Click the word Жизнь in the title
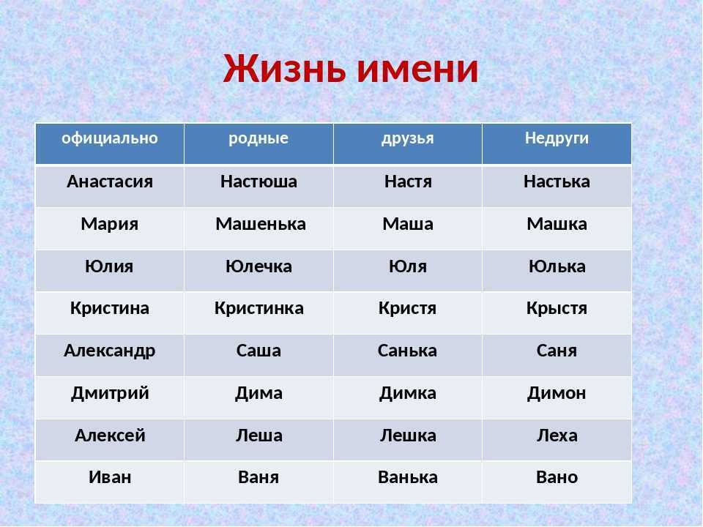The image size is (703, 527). (x=285, y=69)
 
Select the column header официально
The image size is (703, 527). (x=110, y=138)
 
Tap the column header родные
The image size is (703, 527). (x=258, y=138)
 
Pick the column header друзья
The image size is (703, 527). (x=408, y=138)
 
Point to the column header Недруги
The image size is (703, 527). (x=557, y=138)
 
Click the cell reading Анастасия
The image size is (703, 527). (x=110, y=182)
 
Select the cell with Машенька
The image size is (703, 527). (x=261, y=224)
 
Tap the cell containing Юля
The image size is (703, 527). (x=408, y=266)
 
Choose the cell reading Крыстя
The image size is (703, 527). (x=557, y=308)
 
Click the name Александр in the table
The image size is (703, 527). (x=109, y=351)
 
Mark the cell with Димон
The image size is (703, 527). (x=557, y=394)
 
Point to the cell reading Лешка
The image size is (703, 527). (x=408, y=436)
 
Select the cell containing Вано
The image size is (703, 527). (x=557, y=478)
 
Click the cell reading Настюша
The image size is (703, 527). (x=258, y=182)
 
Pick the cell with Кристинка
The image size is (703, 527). (x=258, y=308)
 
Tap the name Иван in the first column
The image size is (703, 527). (x=110, y=478)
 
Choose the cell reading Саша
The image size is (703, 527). (x=258, y=351)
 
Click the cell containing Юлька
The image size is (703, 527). (x=557, y=266)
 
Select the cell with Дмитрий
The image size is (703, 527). (x=110, y=394)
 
